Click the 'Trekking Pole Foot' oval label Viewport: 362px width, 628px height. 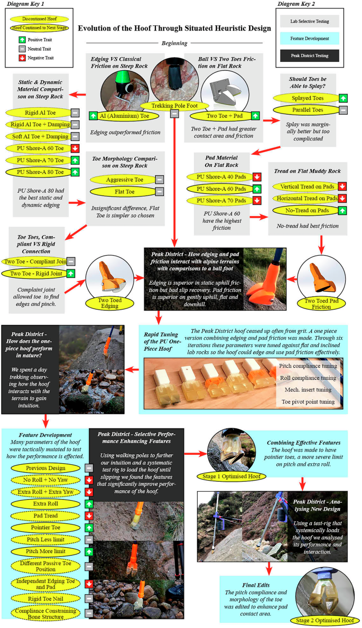tap(174, 105)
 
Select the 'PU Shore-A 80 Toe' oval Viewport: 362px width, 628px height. tap(41, 172)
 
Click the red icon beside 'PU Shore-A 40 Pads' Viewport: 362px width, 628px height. tap(257, 177)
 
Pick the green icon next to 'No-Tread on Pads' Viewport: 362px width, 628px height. tap(342, 211)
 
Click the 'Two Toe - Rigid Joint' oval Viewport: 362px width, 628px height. tap(33, 274)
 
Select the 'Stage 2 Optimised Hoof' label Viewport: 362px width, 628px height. tap(326, 620)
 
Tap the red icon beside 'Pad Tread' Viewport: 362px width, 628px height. tap(89, 515)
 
